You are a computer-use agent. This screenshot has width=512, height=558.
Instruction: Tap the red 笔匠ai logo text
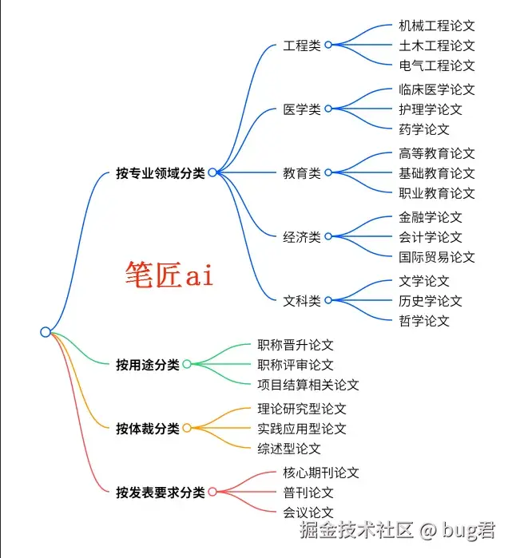[x=169, y=274]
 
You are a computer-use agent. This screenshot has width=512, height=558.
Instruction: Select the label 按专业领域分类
[x=161, y=173]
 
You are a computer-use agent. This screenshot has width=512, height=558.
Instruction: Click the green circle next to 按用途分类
[x=187, y=364]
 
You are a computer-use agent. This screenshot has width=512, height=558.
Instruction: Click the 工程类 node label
[x=302, y=46]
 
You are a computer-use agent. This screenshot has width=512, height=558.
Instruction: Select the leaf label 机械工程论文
[x=437, y=26]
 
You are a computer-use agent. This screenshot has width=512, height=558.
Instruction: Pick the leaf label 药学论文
[x=424, y=129]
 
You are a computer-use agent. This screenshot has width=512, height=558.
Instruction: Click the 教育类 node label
[x=302, y=173]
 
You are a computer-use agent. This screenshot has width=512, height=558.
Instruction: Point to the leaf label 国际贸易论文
[x=437, y=257]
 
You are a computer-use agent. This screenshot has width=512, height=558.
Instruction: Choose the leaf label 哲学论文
[x=424, y=321]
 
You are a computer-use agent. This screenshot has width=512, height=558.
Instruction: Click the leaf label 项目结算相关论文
[x=308, y=385]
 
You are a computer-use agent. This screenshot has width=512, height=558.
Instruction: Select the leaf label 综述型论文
[x=289, y=449]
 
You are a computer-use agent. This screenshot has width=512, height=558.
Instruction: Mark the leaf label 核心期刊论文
[x=321, y=473]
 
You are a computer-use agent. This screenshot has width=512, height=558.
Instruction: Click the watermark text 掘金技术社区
[x=356, y=530]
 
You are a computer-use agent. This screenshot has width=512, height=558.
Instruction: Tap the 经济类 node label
[x=302, y=237]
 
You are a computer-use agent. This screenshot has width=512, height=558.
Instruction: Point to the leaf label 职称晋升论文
[x=296, y=345]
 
